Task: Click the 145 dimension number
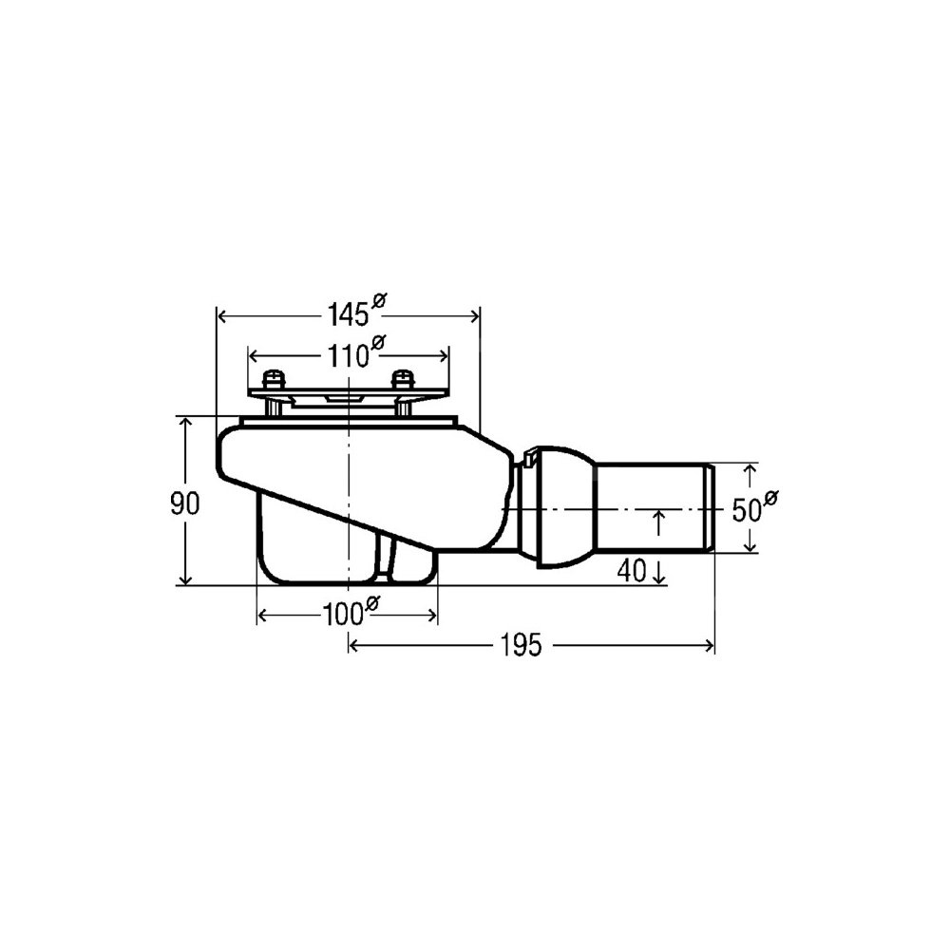348,314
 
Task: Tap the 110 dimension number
348,355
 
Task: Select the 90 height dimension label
185,503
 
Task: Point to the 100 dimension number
342,616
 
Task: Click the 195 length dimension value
521,645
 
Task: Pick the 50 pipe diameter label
747,510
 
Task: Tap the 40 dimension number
632,571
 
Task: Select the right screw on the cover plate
402,381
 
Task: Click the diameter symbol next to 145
379,300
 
